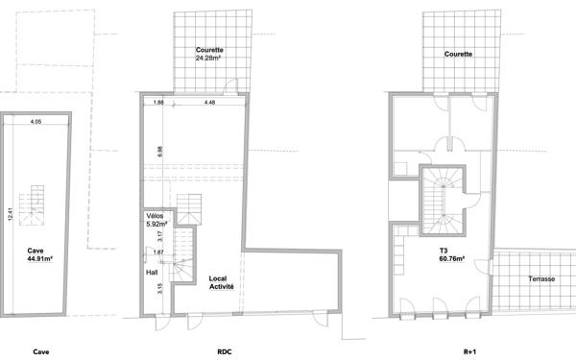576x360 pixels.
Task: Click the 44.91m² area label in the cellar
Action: [40, 256]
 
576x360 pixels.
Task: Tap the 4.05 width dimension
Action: [36, 121]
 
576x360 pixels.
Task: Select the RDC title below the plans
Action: [226, 353]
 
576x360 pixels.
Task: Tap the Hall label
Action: [152, 273]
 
